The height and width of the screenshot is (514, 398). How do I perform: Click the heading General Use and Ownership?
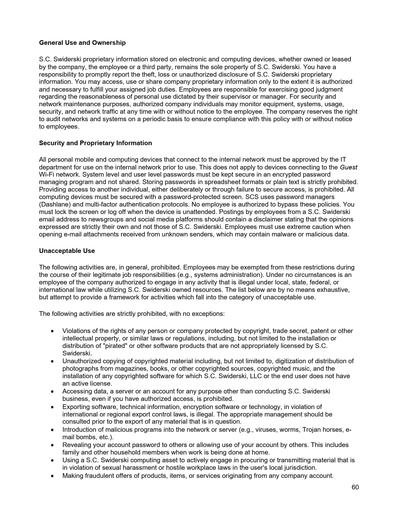coord(82,43)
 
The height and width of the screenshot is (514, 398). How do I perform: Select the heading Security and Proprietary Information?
coord(95,143)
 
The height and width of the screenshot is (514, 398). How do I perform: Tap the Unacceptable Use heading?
coord(67,251)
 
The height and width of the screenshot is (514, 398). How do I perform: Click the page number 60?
coord(355,487)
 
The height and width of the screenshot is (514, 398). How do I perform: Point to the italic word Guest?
coord(348,167)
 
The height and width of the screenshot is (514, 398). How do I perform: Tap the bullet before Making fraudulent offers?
coord(53,476)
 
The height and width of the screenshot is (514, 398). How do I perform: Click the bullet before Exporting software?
coord(53,407)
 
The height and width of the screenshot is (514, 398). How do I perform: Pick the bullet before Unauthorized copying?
coord(53,361)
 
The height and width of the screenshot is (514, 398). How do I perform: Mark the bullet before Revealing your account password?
coord(53,445)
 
